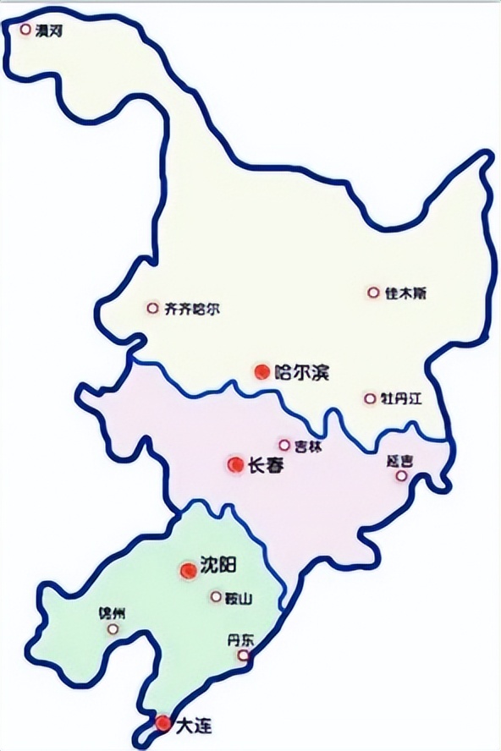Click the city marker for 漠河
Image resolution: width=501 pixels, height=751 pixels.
(x=25, y=30)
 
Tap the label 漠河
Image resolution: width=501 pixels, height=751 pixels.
(x=48, y=30)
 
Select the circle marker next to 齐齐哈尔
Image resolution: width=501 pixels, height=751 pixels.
(x=152, y=309)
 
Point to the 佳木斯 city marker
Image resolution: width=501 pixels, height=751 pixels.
(x=372, y=293)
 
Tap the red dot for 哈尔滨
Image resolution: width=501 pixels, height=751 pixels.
(x=262, y=371)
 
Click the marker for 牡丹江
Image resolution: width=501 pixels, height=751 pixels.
(x=369, y=398)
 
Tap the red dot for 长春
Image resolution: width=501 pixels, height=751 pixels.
(x=236, y=464)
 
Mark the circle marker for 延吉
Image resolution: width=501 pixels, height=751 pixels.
(x=401, y=476)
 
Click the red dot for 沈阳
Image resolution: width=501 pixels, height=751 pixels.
(x=187, y=571)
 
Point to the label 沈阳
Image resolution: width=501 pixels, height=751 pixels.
(x=217, y=567)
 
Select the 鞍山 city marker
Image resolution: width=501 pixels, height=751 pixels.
(x=216, y=597)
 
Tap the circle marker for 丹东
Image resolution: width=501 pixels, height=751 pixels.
(x=244, y=655)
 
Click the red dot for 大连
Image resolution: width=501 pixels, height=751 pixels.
(x=162, y=723)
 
